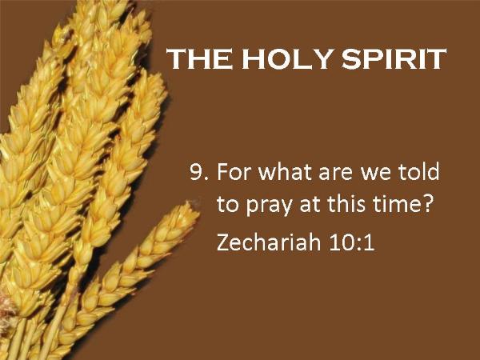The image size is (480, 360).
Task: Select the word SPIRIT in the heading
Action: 394,58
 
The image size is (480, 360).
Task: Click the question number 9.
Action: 199,172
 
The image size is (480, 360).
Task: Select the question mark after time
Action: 427,203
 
